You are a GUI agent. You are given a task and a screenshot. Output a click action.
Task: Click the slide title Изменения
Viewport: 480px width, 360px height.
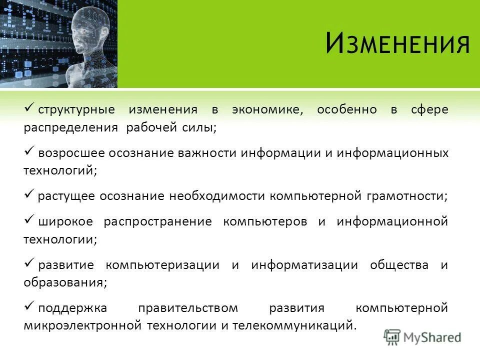coord(397,43)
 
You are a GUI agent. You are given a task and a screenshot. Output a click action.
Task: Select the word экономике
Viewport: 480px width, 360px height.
coord(267,110)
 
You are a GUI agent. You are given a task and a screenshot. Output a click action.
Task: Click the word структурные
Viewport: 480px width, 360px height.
coord(76,110)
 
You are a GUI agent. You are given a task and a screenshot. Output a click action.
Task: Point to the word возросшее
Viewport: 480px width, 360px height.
coord(69,153)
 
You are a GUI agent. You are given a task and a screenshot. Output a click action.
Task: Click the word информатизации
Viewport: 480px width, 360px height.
coord(304,265)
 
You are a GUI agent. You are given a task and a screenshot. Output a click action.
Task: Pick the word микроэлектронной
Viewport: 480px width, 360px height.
coord(82,326)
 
